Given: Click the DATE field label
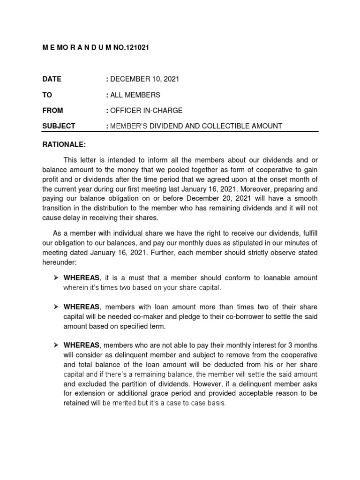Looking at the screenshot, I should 52,79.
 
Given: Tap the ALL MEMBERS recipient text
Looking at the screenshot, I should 135,95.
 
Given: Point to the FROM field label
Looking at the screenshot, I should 52,111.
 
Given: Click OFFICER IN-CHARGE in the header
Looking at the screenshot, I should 146,111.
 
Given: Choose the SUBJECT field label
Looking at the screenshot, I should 59,126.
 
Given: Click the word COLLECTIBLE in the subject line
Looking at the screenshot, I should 227,126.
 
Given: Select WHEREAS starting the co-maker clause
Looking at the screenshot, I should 81,307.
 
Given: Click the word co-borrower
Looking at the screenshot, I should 239,316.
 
